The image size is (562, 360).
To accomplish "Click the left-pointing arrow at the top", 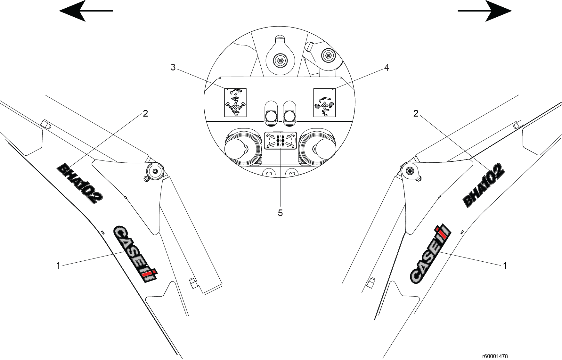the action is tap(86, 11).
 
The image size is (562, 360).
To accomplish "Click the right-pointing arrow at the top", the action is tap(485, 11).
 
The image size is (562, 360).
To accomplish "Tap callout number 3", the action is tap(173, 68).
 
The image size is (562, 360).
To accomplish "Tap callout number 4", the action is tap(387, 68).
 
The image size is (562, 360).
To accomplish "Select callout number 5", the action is tap(280, 213).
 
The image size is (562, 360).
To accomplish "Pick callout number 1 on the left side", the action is tap(58, 266).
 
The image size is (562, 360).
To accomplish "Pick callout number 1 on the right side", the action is tap(505, 266).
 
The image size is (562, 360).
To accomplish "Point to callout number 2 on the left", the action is tap(145, 113).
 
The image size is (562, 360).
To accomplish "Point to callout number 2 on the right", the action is tap(416, 113).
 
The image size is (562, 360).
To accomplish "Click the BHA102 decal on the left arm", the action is tap(79, 184).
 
